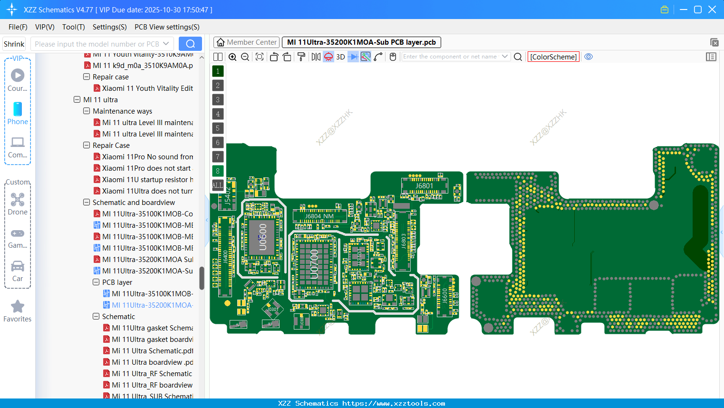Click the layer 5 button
(x=218, y=128)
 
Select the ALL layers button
(x=218, y=185)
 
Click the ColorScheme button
(x=553, y=57)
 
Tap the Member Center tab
(x=247, y=42)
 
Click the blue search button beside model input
(x=190, y=44)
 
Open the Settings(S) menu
(x=109, y=27)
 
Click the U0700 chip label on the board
(x=314, y=264)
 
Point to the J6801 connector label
(x=424, y=185)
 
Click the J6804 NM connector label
(x=319, y=216)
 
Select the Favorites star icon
(x=18, y=307)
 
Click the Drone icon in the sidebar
(x=18, y=200)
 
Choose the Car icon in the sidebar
(x=18, y=266)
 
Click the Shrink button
(x=14, y=44)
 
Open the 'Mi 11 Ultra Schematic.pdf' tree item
(x=152, y=351)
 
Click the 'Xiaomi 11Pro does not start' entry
(x=146, y=168)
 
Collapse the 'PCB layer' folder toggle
(x=96, y=282)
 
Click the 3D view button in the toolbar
(x=340, y=57)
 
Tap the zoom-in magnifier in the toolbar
(x=232, y=57)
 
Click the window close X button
(x=712, y=10)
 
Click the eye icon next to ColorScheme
(x=589, y=57)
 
